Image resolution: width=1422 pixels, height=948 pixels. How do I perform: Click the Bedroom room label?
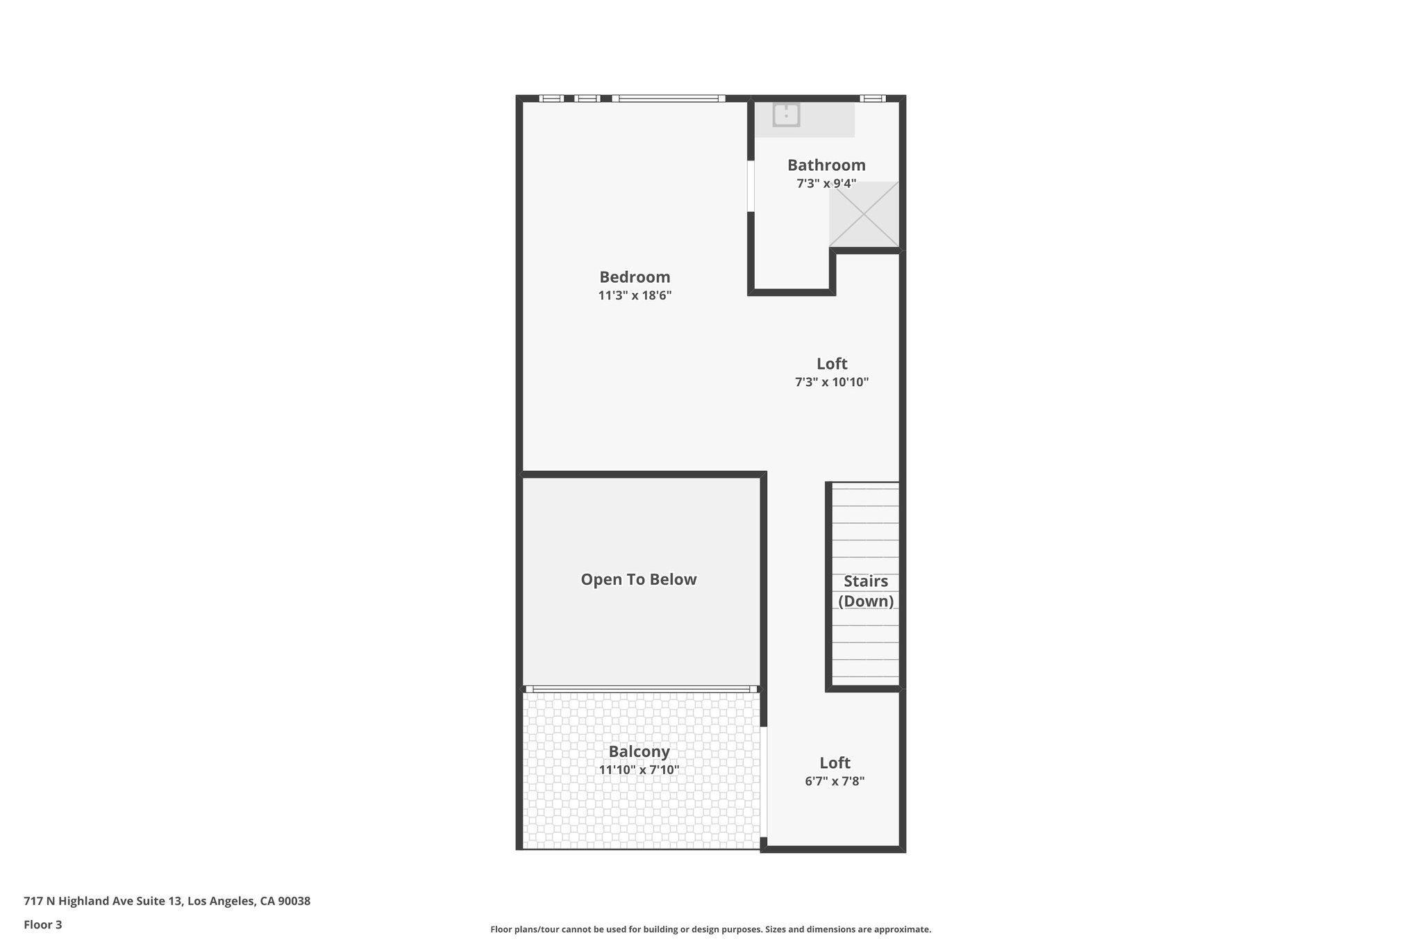click(x=635, y=277)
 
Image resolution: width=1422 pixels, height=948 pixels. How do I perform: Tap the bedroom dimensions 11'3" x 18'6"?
click(x=635, y=295)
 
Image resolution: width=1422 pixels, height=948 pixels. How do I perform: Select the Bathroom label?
click(x=826, y=165)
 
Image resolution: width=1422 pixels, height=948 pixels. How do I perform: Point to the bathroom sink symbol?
click(x=786, y=115)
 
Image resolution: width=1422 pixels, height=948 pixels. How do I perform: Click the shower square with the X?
click(x=864, y=214)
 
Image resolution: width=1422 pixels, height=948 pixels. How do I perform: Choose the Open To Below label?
click(x=638, y=579)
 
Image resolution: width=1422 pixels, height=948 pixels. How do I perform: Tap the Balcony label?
click(x=639, y=751)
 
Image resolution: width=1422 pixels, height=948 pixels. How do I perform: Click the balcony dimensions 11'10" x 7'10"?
click(x=639, y=770)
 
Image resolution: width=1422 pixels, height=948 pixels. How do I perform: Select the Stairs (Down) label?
click(x=865, y=591)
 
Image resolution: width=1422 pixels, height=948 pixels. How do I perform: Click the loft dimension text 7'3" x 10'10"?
click(x=832, y=382)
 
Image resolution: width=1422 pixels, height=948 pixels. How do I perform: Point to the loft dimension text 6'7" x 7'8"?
click(x=835, y=781)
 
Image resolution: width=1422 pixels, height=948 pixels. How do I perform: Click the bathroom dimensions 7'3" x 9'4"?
click(x=826, y=183)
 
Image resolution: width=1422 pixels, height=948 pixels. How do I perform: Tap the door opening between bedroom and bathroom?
click(x=751, y=186)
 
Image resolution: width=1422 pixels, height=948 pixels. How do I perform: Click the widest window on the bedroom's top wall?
click(x=669, y=99)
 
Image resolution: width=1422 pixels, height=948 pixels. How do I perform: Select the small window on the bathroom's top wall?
click(x=872, y=99)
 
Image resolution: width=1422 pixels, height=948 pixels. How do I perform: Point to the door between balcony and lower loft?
click(x=764, y=781)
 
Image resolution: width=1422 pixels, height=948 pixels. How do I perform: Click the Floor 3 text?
click(x=43, y=924)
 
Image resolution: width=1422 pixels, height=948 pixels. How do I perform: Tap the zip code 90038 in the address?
click(x=294, y=901)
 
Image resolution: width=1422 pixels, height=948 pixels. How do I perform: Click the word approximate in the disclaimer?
click(x=902, y=929)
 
